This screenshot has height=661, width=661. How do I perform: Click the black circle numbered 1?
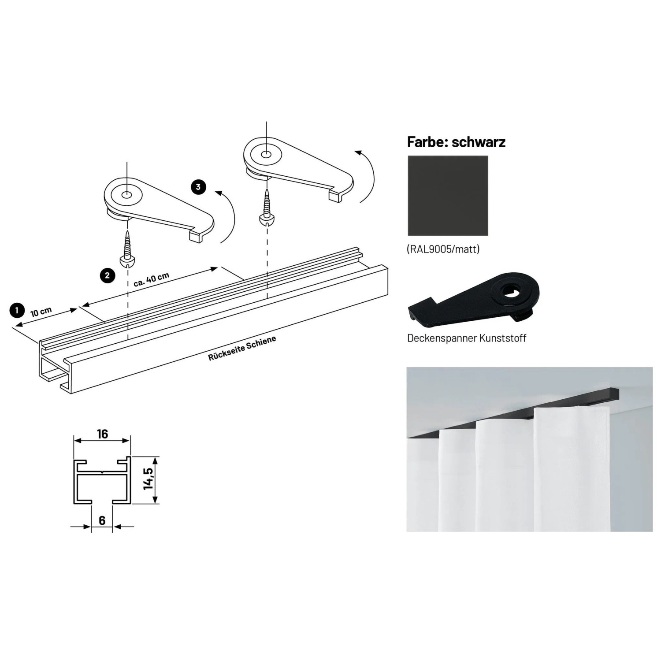[x=17, y=310]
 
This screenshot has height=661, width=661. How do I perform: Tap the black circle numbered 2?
[x=108, y=276]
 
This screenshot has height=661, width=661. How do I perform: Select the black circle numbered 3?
[x=198, y=187]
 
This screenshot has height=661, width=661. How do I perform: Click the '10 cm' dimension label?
[x=41, y=312]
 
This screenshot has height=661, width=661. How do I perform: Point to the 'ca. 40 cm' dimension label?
[x=151, y=279]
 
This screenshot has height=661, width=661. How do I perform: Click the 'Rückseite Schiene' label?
[x=242, y=348]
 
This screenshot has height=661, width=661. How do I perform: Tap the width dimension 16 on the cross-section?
[x=102, y=434]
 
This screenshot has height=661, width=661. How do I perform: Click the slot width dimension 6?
[x=102, y=520]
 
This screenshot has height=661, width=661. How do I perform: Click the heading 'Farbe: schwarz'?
[x=456, y=142]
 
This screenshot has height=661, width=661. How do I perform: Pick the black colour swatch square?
[x=448, y=196]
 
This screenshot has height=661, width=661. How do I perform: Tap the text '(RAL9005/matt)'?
[x=443, y=249]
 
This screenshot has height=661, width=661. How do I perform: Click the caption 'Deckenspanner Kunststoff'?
[x=467, y=338]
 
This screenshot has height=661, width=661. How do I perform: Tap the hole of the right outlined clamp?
[x=266, y=155]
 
